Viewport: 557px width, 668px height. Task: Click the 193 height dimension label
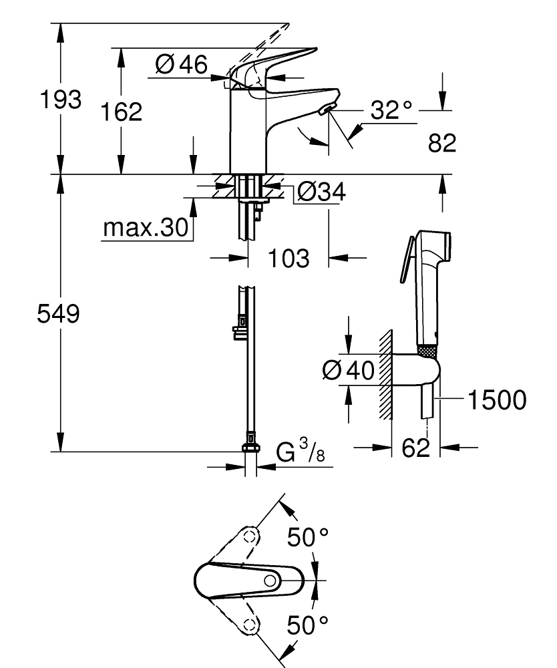(61, 100)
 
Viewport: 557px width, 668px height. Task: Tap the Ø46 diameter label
(181, 65)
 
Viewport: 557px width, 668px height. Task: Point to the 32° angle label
(392, 110)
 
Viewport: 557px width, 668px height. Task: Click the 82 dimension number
(441, 142)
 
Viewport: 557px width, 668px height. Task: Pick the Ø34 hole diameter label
(320, 193)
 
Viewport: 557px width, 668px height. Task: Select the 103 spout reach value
(289, 257)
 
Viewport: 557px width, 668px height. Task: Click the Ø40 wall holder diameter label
(347, 369)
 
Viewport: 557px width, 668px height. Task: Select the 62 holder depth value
(415, 448)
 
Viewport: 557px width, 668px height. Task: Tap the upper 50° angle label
(309, 536)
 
